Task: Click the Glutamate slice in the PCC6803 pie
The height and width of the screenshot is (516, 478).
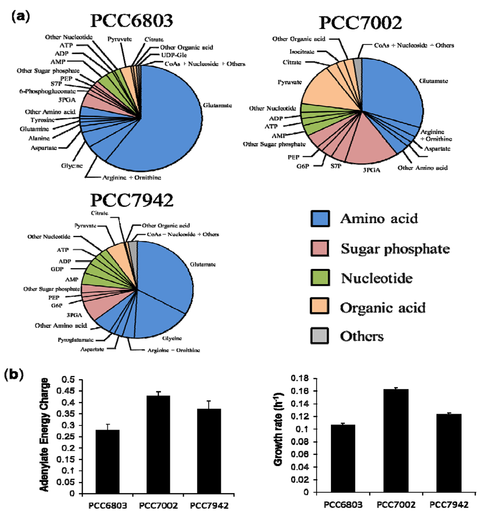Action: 168,117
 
